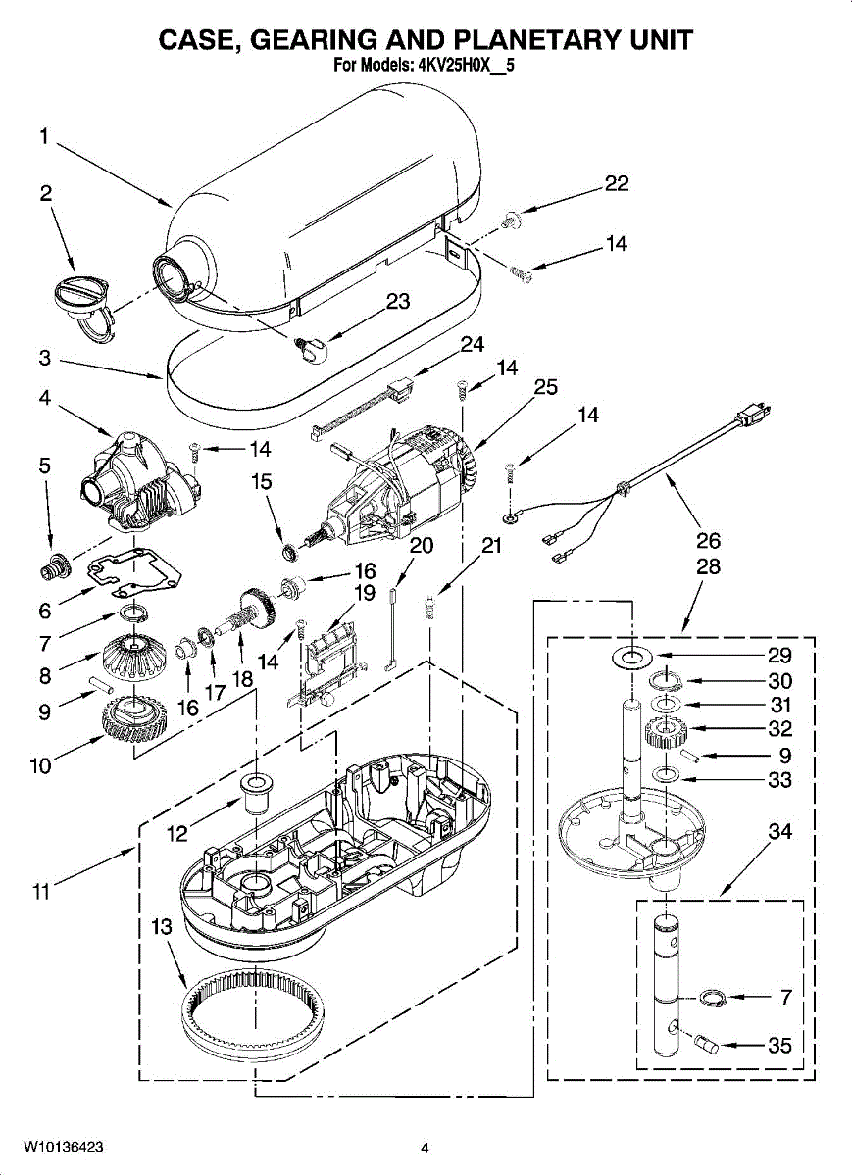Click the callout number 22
tap(616, 184)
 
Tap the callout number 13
tap(161, 927)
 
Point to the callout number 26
tap(708, 540)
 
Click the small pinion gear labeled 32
tap(666, 733)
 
